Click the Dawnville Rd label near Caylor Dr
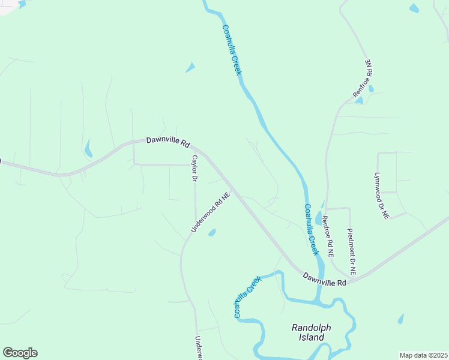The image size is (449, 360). pyautogui.click(x=168, y=143)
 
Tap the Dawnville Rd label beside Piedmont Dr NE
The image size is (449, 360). pyautogui.click(x=325, y=279)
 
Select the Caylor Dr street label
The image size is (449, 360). pyautogui.click(x=194, y=169)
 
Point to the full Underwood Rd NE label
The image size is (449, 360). pyautogui.click(x=211, y=212)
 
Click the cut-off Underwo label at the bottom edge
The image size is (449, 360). pyautogui.click(x=197, y=348)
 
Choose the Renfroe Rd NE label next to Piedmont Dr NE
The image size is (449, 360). pyautogui.click(x=327, y=236)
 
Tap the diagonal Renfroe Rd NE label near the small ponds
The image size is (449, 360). pyautogui.click(x=363, y=79)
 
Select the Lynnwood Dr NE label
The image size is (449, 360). pyautogui.click(x=381, y=196)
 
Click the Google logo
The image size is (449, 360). pyautogui.click(x=20, y=353)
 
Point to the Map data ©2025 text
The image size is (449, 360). pyautogui.click(x=423, y=355)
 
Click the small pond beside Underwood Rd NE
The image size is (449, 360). pyautogui.click(x=211, y=232)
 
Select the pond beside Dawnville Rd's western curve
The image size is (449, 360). pyautogui.click(x=89, y=148)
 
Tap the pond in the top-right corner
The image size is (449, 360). pyautogui.click(x=414, y=8)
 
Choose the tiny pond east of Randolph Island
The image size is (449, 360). pyautogui.click(x=400, y=319)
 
